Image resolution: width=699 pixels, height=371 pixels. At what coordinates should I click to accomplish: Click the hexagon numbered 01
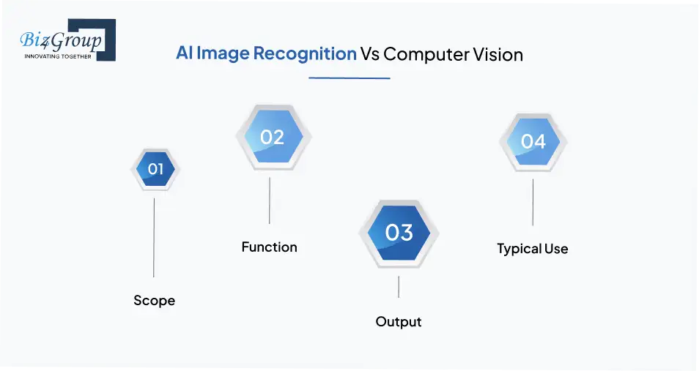click(x=155, y=170)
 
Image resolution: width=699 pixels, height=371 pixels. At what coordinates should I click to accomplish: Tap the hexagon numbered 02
click(x=273, y=137)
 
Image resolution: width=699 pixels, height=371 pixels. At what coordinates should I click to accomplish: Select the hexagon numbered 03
click(x=399, y=233)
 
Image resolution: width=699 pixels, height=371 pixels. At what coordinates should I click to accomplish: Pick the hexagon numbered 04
click(x=533, y=140)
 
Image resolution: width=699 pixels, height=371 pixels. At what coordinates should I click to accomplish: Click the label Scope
click(x=154, y=300)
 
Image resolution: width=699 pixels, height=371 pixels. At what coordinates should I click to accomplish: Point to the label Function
click(x=269, y=247)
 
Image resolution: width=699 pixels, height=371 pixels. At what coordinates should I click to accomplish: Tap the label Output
click(x=399, y=321)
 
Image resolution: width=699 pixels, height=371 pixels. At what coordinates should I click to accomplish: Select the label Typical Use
click(x=532, y=249)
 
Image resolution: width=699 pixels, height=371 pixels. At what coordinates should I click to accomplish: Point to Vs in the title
click(x=369, y=54)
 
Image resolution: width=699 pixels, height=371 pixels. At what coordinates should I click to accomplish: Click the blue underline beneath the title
click(x=349, y=78)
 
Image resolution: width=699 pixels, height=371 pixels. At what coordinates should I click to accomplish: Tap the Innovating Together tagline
click(x=59, y=56)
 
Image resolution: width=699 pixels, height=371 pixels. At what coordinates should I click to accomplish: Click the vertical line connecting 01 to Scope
click(x=154, y=238)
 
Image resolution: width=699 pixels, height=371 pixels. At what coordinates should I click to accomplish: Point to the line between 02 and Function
click(x=270, y=200)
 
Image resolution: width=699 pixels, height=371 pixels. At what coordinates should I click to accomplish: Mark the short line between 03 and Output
click(x=399, y=286)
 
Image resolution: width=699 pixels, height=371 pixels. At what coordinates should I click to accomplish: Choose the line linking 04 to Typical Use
click(x=533, y=202)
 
